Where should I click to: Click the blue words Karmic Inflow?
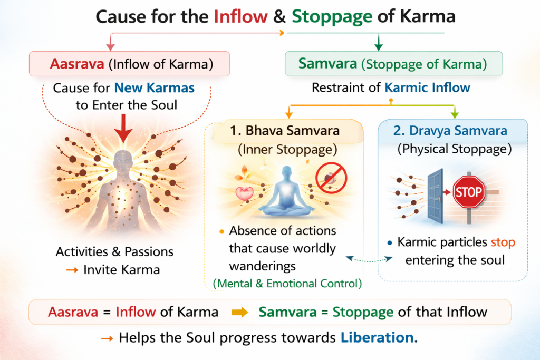[x=420, y=88]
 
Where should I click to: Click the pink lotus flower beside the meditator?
[x=244, y=193]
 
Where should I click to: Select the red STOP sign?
[x=468, y=191]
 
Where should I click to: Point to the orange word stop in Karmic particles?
[x=502, y=243]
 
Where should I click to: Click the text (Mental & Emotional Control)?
[x=287, y=284]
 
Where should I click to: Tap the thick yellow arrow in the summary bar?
[x=239, y=312]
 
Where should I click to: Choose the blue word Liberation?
[x=379, y=337]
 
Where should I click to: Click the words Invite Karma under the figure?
[x=122, y=269]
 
